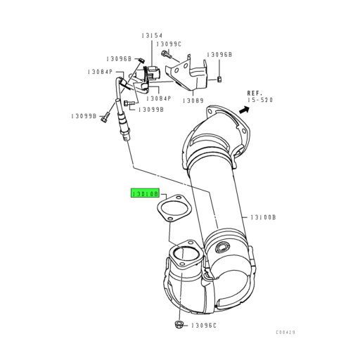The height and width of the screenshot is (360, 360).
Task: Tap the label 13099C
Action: [x=168, y=44]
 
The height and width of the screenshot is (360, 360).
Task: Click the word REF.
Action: [x=255, y=93]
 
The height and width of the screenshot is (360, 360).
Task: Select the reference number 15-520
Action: [x=259, y=101]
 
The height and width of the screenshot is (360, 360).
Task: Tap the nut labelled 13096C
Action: [x=177, y=325]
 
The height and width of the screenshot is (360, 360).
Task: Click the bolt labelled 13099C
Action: [x=165, y=54]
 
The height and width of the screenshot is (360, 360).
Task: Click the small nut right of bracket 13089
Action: [x=219, y=79]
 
